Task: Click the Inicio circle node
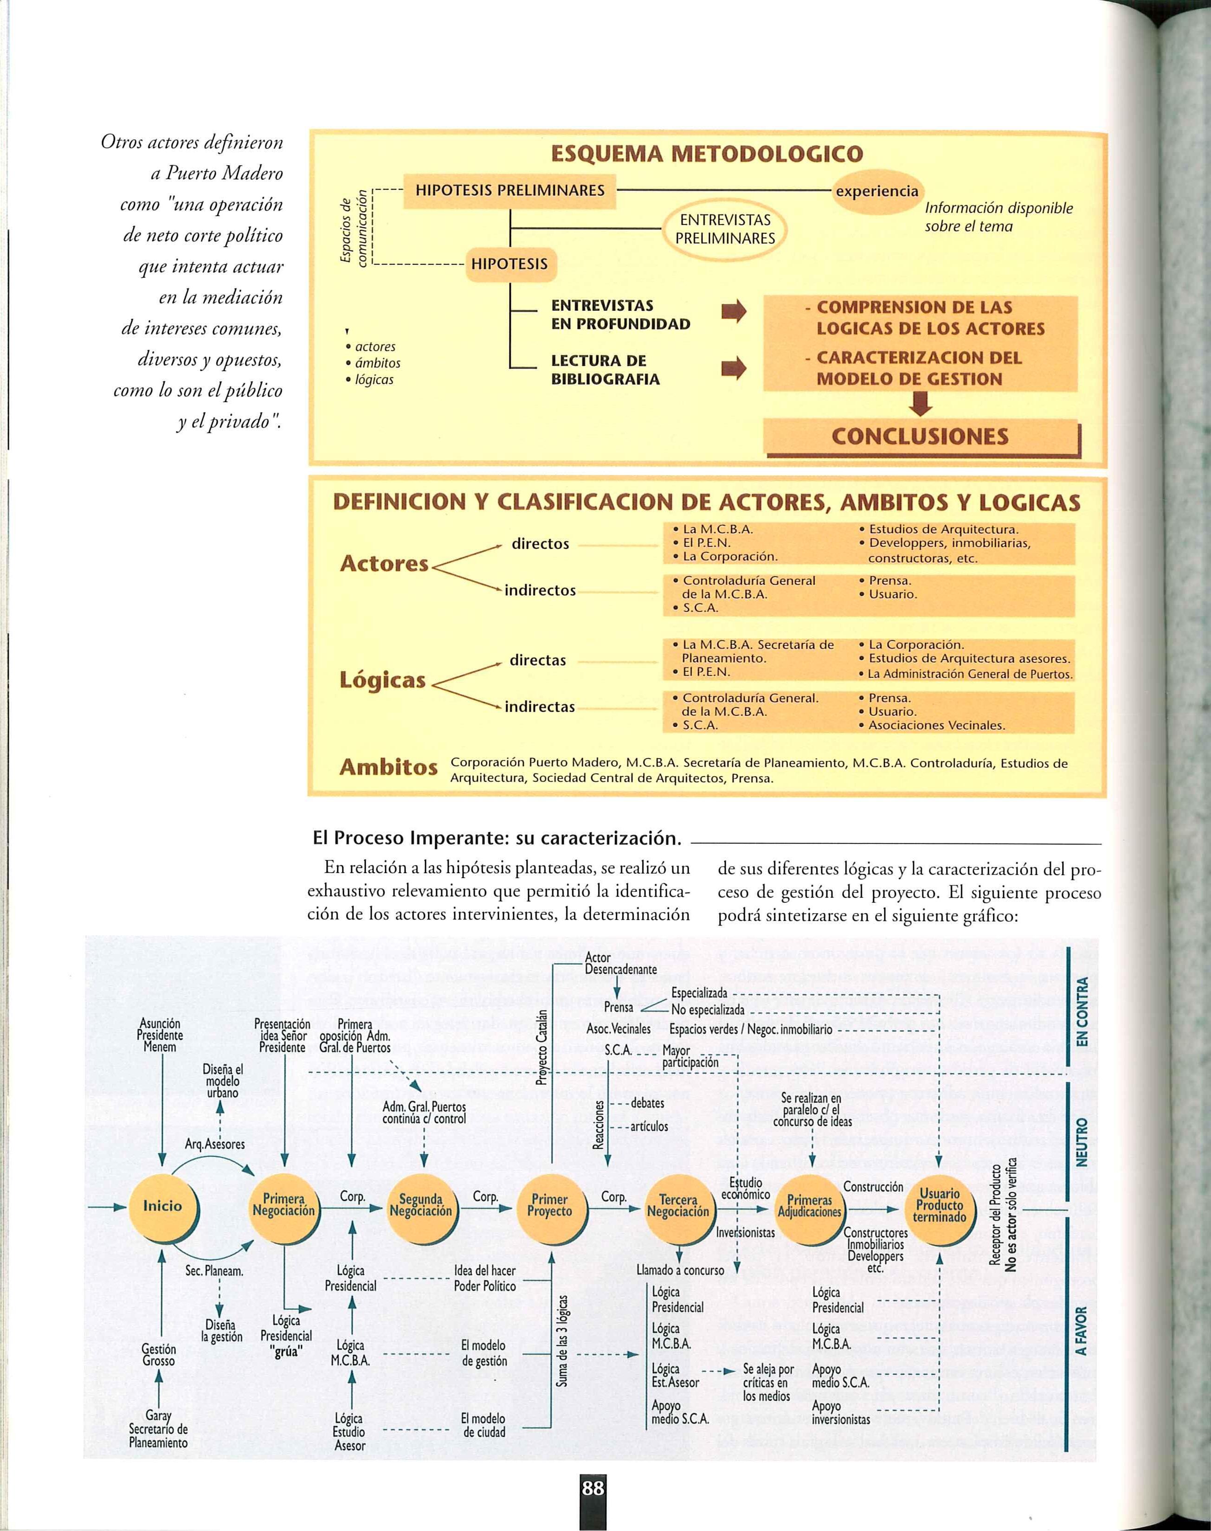pyautogui.click(x=163, y=1206)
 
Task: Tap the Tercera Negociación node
pyautogui.click(x=678, y=1206)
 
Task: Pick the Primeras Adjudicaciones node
pyautogui.click(x=810, y=1206)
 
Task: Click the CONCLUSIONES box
pyautogui.click(x=920, y=436)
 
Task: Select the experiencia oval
pyautogui.click(x=877, y=191)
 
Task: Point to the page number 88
pyautogui.click(x=593, y=1488)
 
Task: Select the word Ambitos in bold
pyautogui.click(x=387, y=768)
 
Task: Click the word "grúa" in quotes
pyautogui.click(x=286, y=1350)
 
